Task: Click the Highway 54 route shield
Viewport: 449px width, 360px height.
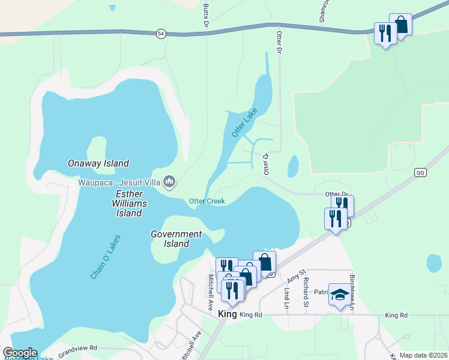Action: [160, 34]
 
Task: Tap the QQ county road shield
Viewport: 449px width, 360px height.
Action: [420, 172]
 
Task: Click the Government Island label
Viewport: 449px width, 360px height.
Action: [176, 239]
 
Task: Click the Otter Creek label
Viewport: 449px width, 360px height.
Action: [207, 201]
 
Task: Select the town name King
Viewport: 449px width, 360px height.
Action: [228, 314]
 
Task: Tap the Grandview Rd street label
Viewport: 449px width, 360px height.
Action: [76, 347]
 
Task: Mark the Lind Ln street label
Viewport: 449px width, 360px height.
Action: [286, 298]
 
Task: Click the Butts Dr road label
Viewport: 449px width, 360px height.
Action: [205, 16]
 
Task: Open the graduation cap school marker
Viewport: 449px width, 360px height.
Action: [340, 295]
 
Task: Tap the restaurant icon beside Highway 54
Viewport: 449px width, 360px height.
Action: [384, 32]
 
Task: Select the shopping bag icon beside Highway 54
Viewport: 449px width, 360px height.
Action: [400, 25]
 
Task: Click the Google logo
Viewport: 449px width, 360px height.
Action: [20, 353]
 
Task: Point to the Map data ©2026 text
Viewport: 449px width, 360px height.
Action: [423, 355]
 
